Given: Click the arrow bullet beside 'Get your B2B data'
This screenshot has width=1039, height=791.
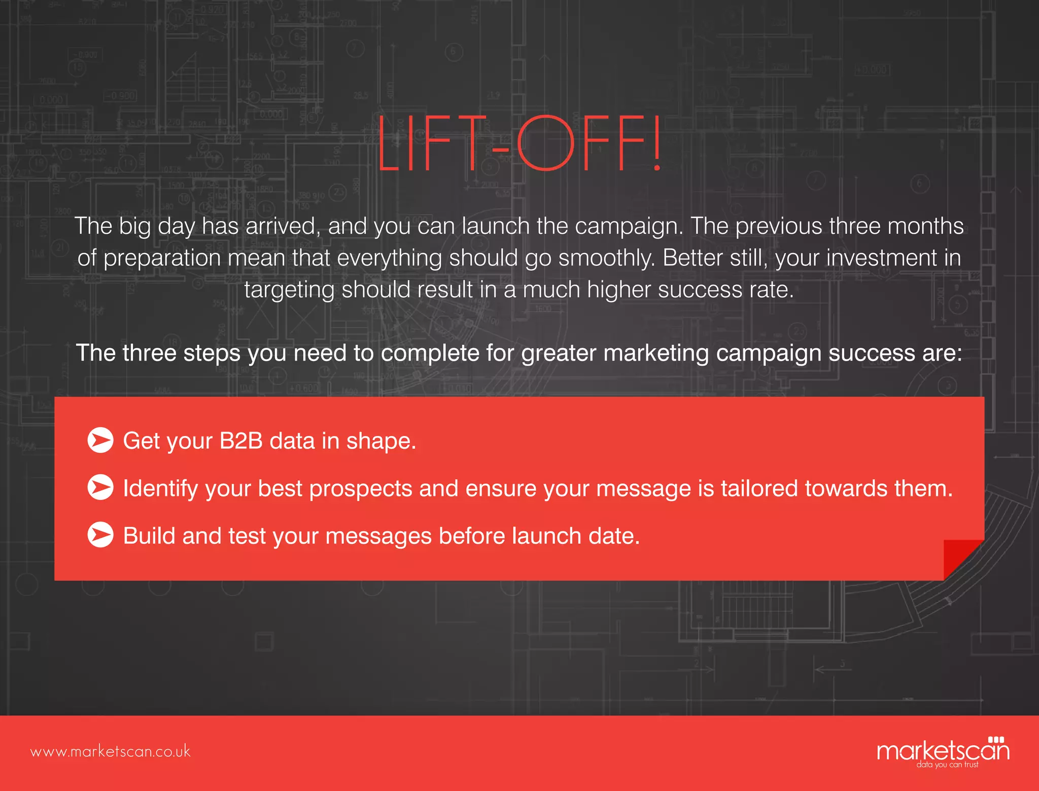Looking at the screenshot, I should pyautogui.click(x=100, y=440).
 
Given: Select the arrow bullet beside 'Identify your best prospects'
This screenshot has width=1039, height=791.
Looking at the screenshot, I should pyautogui.click(x=100, y=487).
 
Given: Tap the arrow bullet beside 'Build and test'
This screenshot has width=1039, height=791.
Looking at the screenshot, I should pyautogui.click(x=100, y=535).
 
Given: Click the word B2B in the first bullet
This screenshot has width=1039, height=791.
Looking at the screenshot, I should pyautogui.click(x=241, y=441).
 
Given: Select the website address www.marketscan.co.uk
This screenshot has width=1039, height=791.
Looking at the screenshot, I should pyautogui.click(x=110, y=751).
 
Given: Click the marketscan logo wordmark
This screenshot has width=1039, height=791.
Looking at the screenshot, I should pyautogui.click(x=943, y=750).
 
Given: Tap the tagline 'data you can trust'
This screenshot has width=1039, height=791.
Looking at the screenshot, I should pyautogui.click(x=947, y=765).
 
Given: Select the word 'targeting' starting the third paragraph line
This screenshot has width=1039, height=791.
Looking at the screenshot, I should pyautogui.click(x=289, y=290).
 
